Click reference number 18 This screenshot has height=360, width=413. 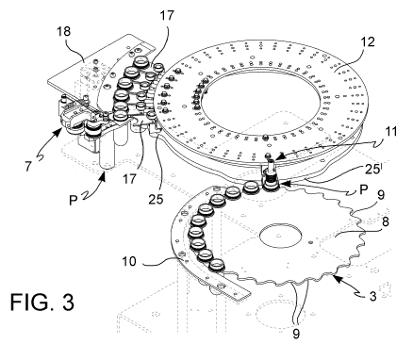tap(64, 32)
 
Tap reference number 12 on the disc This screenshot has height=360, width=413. tap(368, 41)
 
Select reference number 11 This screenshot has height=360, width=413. tap(390, 132)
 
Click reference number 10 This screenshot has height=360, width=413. tap(129, 261)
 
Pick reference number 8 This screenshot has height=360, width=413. tap(385, 221)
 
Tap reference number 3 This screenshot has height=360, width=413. tap(372, 296)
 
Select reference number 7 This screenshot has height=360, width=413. tap(28, 166)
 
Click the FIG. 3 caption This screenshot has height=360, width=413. tap(42, 302)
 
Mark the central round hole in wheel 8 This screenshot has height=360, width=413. tap(280, 236)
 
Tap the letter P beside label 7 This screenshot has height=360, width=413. tap(73, 200)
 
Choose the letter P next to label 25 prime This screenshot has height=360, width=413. tap(363, 189)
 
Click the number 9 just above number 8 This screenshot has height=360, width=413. tap(381, 196)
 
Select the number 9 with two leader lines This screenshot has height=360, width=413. tap(296, 334)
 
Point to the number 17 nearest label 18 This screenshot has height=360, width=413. tap(167, 15)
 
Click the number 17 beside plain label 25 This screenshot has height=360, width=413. tap(129, 179)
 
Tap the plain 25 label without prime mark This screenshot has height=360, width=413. tap(157, 199)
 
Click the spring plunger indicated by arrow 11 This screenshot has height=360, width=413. tap(271, 172)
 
